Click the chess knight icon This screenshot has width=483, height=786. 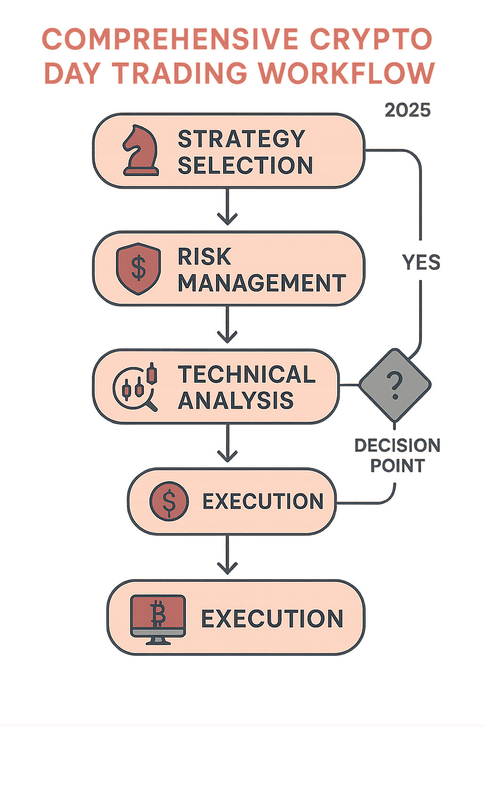[140, 151]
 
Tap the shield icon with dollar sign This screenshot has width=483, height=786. [138, 268]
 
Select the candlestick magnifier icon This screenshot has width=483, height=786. [135, 387]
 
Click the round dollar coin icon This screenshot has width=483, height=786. [169, 501]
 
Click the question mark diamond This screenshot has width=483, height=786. [395, 385]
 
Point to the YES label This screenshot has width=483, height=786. [421, 262]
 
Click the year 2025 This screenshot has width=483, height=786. [408, 110]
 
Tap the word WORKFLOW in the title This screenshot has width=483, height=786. [346, 74]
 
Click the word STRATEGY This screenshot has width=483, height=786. [241, 139]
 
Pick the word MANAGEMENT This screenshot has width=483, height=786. [262, 283]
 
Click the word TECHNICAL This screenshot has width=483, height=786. [246, 375]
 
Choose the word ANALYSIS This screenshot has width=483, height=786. [236, 401]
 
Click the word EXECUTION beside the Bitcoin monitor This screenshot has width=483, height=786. [272, 619]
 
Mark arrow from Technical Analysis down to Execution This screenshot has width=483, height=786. [227, 443]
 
